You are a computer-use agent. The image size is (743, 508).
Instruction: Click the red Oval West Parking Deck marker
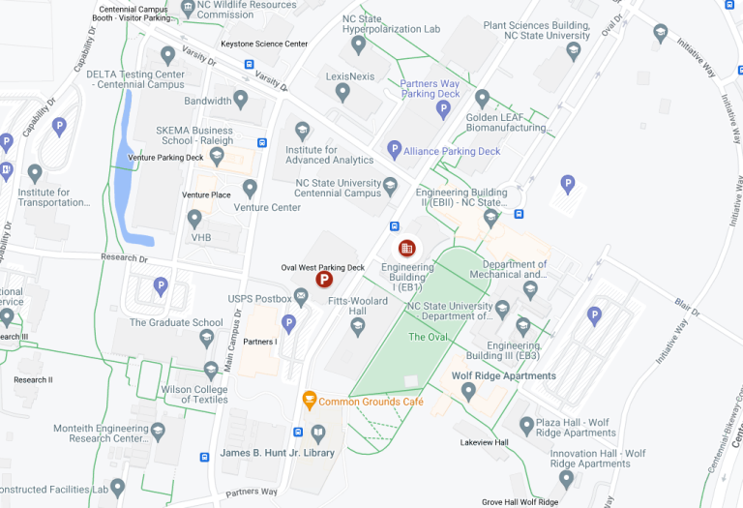coord(325,281)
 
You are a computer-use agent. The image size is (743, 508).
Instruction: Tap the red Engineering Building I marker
coord(407,249)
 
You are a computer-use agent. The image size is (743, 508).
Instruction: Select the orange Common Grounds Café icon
coord(310,399)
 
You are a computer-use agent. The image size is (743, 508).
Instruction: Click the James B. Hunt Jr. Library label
coord(277,453)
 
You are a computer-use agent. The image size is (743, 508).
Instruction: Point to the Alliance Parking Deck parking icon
coord(394,150)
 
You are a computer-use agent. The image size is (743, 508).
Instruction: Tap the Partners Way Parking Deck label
coord(430,89)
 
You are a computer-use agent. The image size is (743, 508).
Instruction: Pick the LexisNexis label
coord(349,75)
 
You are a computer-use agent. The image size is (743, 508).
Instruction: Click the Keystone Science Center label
coord(264,44)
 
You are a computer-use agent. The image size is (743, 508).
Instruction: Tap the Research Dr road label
coord(124,258)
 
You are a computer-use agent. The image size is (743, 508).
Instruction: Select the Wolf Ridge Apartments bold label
coord(503,375)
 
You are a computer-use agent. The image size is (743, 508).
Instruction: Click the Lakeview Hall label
coord(484,442)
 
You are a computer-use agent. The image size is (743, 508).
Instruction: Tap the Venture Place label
coord(206,194)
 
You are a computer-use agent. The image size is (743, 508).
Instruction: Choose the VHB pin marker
coord(194,219)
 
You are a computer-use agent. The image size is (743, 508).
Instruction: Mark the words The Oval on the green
coord(429,337)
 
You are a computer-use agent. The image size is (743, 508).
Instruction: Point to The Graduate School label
coord(176,323)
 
